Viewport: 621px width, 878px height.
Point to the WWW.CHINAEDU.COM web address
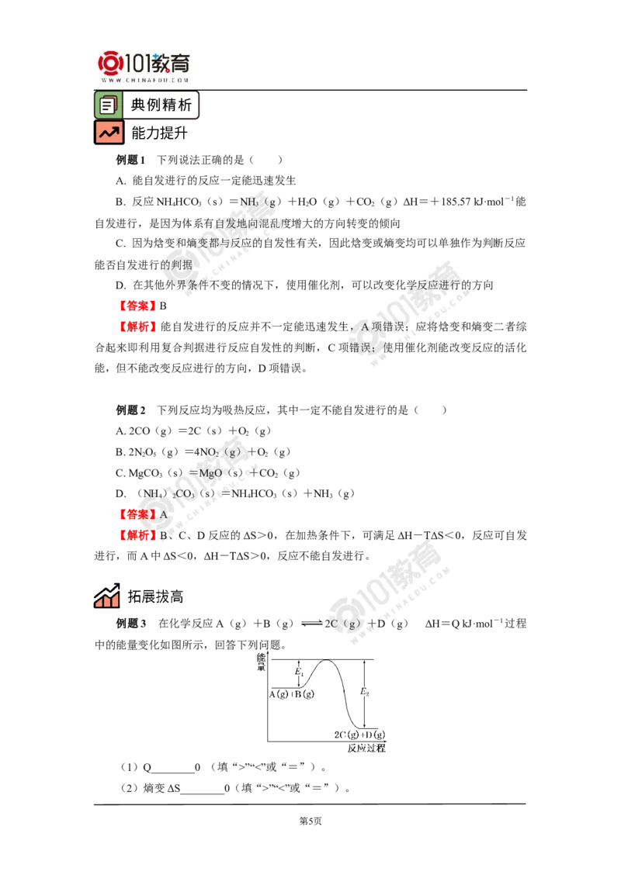point(144,80)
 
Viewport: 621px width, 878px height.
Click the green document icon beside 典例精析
point(108,105)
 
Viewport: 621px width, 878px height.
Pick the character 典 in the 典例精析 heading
point(138,105)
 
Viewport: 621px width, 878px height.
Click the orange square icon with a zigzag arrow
point(109,133)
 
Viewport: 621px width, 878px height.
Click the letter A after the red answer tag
point(163,514)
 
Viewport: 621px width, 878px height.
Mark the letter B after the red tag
point(163,535)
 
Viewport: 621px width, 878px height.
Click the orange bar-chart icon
point(106,595)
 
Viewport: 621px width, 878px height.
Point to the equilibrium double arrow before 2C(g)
point(310,623)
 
